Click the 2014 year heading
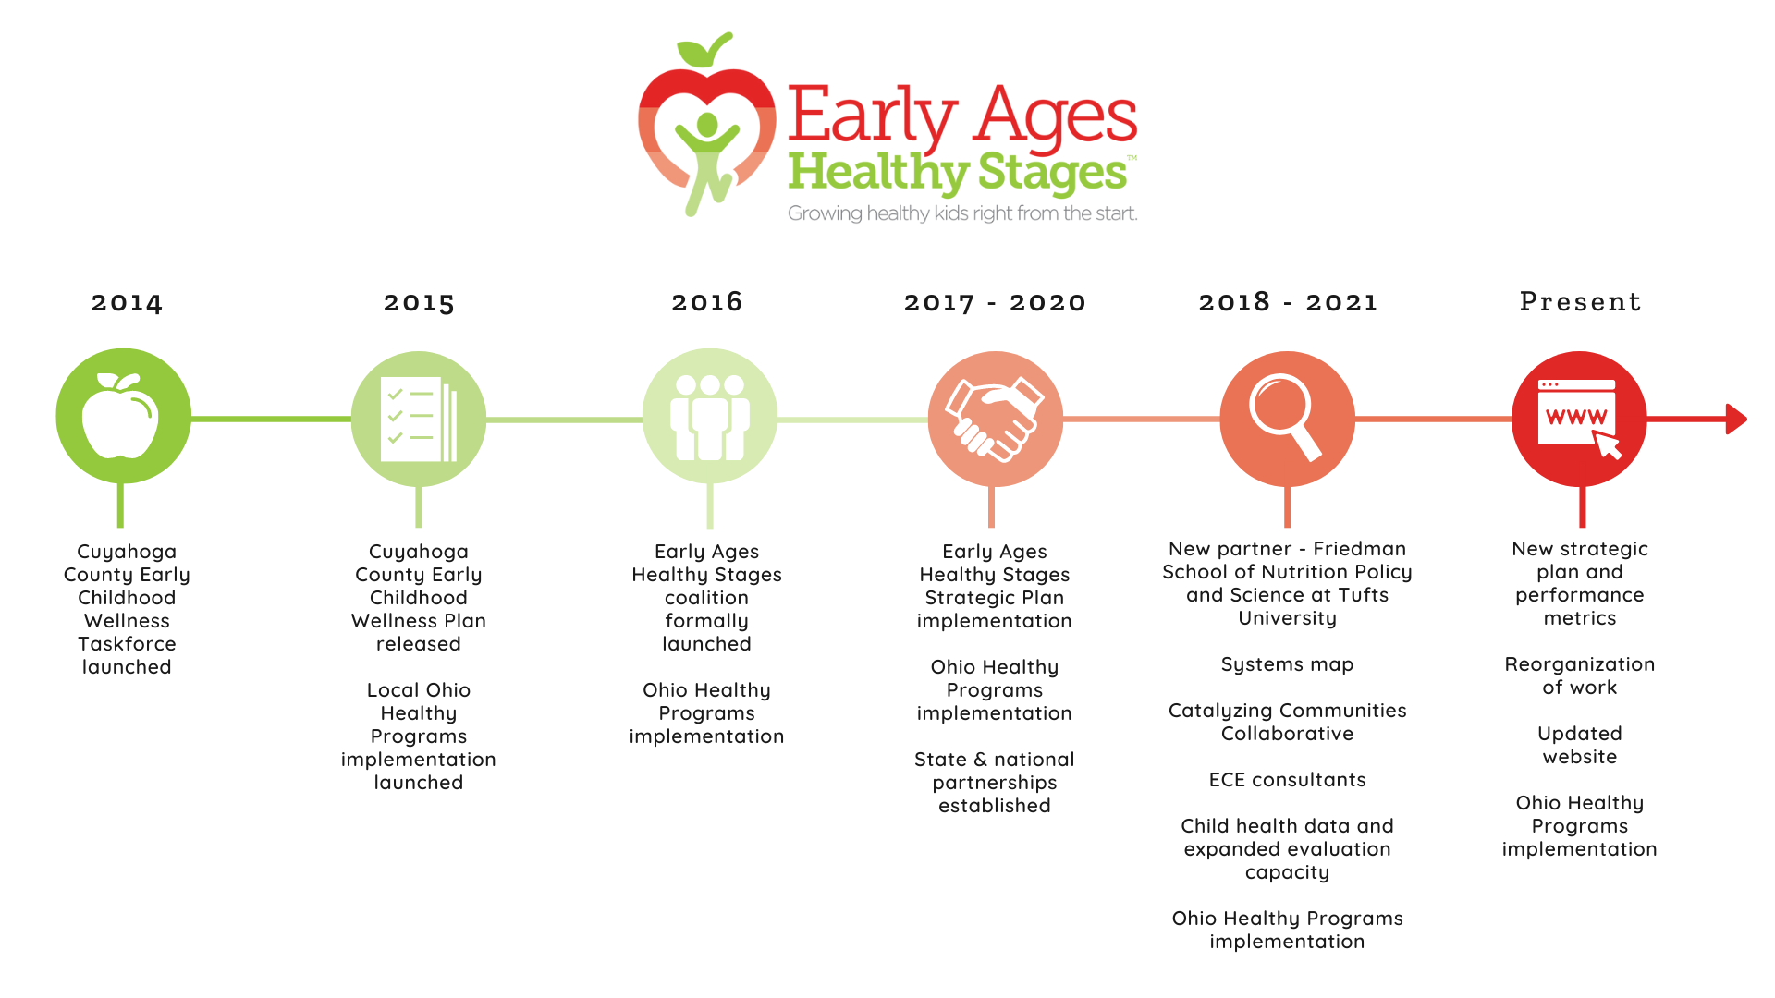[127, 303]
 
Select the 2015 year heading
[419, 303]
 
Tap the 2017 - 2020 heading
[995, 303]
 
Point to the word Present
[1580, 302]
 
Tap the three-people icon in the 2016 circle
[709, 417]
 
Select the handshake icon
[994, 419]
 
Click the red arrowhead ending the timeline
[1736, 419]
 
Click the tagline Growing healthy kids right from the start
[961, 213]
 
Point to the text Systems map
[1287, 664]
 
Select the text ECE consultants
[1287, 780]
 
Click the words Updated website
[1579, 745]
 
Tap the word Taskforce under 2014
[127, 644]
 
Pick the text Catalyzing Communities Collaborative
[1287, 722]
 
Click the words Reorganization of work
[1579, 675]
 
